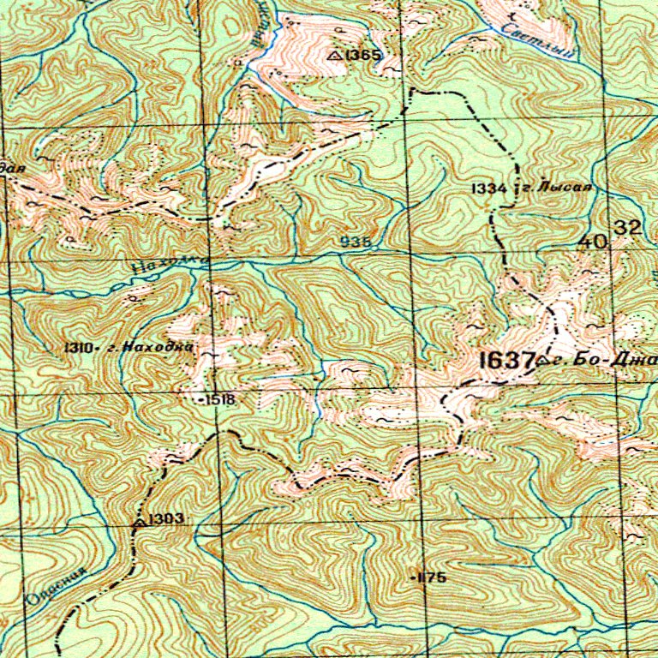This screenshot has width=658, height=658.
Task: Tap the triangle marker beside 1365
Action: [x=335, y=55]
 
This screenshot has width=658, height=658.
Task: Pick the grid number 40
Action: [x=592, y=242]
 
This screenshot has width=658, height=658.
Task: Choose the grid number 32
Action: [x=627, y=227]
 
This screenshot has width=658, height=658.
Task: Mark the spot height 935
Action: [x=356, y=242]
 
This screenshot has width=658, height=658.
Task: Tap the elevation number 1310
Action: [x=77, y=348]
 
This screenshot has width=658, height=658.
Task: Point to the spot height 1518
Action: [x=218, y=400]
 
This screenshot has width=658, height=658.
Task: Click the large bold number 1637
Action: [x=507, y=361]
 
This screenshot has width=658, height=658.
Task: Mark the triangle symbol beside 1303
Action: [x=138, y=519]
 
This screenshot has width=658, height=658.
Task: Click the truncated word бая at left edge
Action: [x=11, y=169]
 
